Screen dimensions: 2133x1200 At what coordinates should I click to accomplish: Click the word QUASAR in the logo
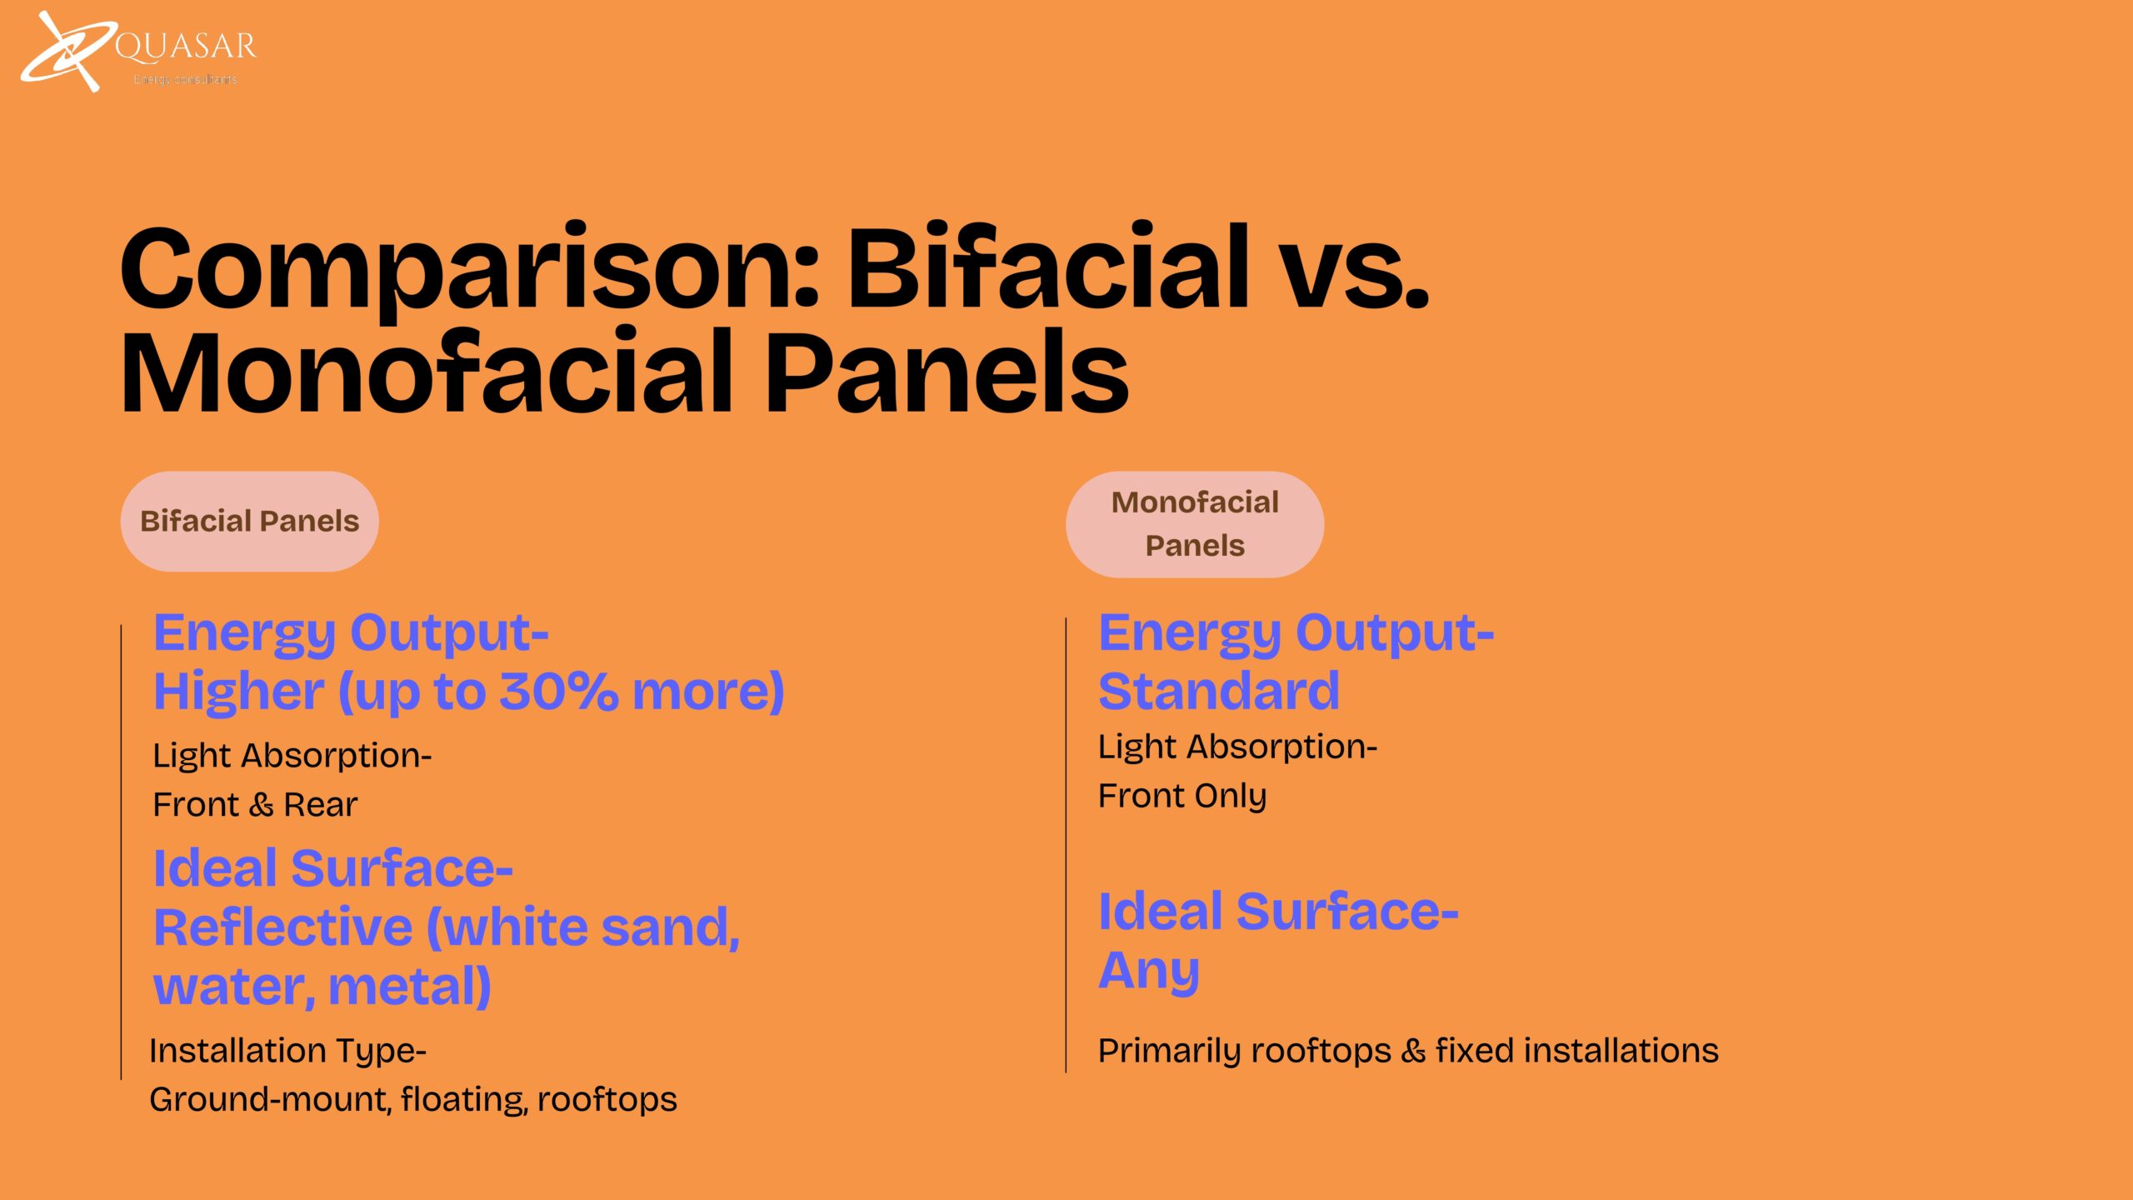tap(186, 47)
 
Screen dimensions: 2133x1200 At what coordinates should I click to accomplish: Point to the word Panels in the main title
tap(947, 372)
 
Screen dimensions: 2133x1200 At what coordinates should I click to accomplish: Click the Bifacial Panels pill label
tap(250, 522)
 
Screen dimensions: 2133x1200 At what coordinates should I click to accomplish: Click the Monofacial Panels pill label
tap(1195, 524)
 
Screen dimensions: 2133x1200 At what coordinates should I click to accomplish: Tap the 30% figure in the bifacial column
tap(558, 692)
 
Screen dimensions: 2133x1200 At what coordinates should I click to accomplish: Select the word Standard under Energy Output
tap(1219, 691)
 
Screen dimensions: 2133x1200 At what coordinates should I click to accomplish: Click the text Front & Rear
tap(255, 805)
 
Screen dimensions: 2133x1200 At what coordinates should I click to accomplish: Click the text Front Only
tap(1182, 797)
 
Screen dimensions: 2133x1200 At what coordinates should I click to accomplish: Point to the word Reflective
tap(283, 927)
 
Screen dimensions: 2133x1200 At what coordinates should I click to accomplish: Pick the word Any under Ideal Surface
tap(1149, 972)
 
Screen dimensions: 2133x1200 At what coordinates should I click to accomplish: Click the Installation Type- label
tap(287, 1052)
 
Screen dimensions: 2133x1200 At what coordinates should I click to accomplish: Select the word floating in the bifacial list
tap(464, 1100)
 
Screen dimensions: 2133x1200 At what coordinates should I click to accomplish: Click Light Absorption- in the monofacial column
tap(1237, 747)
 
